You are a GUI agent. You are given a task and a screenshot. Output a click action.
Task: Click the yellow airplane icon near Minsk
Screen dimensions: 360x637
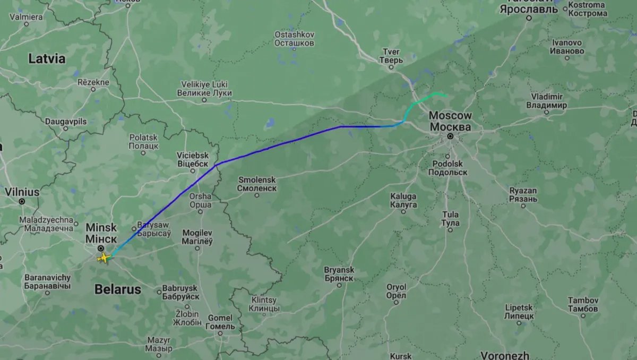coord(104,258)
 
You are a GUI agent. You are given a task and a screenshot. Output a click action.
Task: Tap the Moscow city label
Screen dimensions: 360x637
coord(450,121)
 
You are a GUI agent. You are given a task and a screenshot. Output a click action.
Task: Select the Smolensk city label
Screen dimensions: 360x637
coord(257,184)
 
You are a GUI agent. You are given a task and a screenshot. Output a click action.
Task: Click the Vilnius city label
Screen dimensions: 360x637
coord(22,192)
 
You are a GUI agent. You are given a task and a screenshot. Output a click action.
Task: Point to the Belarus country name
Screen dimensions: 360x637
coord(118,289)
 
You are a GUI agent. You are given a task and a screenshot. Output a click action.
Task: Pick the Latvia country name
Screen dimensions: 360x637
coord(47,58)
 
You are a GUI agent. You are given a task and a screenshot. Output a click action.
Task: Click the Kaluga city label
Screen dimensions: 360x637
coord(403,200)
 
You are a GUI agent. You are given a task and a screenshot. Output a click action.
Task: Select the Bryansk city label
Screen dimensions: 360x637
coord(339,274)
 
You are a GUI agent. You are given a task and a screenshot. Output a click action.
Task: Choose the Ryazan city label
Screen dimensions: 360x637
coord(523,195)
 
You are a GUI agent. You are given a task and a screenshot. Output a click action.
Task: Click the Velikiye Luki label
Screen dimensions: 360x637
coord(204,89)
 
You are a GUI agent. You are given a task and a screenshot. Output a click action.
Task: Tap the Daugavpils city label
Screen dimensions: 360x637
coord(66,122)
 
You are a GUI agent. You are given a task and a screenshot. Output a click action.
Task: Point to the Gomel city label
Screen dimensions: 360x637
coord(220,322)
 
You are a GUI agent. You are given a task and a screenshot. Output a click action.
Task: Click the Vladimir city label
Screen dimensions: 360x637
coord(546,101)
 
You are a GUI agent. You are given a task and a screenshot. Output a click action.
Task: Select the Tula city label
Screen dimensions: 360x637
coord(450,219)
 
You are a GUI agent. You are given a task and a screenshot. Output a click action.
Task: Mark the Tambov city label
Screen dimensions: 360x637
coord(583,305)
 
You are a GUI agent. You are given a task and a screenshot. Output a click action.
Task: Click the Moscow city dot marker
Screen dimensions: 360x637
coord(450,136)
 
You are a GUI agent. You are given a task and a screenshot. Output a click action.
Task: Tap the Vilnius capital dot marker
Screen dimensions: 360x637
coord(22,201)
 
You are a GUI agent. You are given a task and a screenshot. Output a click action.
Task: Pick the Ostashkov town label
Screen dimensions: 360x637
coord(294,39)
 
